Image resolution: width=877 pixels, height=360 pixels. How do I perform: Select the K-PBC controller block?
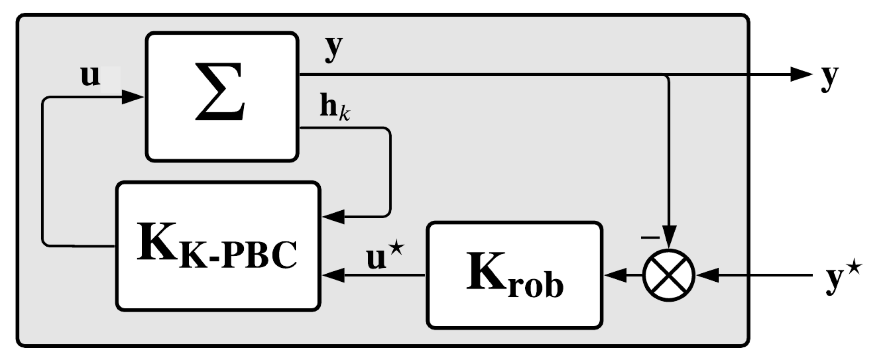tap(218, 247)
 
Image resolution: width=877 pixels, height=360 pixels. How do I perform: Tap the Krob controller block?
tap(515, 275)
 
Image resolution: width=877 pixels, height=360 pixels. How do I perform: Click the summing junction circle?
tap(669, 275)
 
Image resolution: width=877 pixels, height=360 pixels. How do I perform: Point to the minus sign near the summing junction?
tap(650, 237)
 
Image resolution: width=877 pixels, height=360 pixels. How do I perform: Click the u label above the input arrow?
tap(90, 76)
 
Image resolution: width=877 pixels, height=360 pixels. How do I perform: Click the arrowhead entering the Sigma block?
tap(133, 98)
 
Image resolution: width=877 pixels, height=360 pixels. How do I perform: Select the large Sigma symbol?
tap(220, 92)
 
